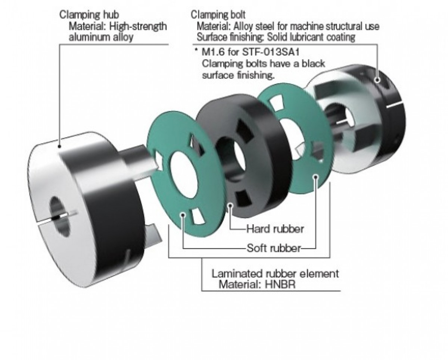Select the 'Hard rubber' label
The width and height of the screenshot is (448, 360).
click(x=275, y=228)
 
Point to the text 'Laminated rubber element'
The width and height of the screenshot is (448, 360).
click(x=275, y=274)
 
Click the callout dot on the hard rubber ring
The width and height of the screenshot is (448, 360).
click(x=231, y=205)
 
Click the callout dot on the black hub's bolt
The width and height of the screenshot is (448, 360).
click(x=378, y=80)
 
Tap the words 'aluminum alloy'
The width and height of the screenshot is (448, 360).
click(x=101, y=37)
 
